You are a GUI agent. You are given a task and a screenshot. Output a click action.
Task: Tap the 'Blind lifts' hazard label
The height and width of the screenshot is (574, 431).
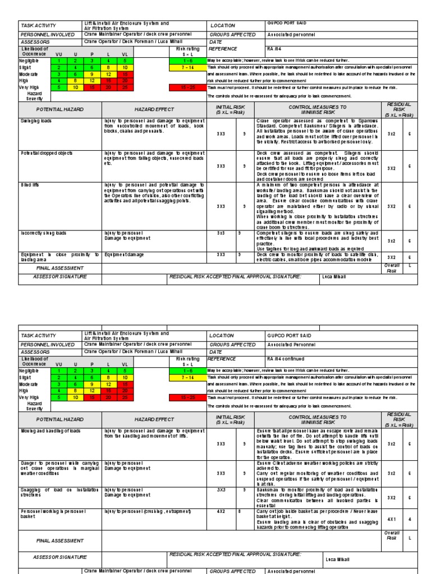click(x=30, y=185)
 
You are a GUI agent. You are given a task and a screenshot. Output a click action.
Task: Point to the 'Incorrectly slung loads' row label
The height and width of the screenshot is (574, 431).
click(x=43, y=233)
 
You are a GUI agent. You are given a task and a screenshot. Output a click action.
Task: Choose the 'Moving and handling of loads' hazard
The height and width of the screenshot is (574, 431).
click(x=51, y=430)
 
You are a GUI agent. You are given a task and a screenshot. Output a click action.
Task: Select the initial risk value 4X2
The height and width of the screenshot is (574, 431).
click(x=221, y=512)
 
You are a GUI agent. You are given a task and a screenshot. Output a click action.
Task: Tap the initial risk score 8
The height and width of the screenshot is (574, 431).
click(x=240, y=512)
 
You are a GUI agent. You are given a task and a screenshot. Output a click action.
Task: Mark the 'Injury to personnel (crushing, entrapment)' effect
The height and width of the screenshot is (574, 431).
click(x=148, y=511)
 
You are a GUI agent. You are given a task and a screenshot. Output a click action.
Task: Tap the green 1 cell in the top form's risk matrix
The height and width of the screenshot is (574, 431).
click(x=58, y=61)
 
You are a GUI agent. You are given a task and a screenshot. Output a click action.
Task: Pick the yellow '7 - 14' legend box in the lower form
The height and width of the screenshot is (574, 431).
click(x=187, y=378)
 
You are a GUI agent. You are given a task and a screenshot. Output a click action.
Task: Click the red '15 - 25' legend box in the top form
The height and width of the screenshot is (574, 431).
click(x=187, y=87)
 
